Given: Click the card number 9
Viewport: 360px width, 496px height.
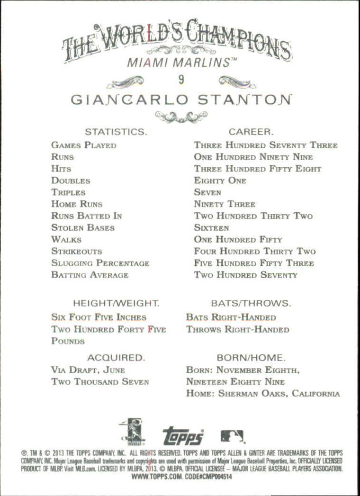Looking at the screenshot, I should coord(181,80).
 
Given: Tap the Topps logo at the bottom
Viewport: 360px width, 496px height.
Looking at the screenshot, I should coord(183,436).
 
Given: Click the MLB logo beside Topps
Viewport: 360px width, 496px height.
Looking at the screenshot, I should coord(232,436).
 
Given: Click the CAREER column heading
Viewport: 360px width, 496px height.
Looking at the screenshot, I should coord(251,131).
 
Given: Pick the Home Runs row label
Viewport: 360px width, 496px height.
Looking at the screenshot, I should coord(77,204).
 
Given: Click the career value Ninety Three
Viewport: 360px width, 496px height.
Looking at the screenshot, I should coord(225,204).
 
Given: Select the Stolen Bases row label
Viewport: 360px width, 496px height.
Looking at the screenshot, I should coord(83,228).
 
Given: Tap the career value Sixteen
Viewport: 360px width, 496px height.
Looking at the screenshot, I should coord(211,228).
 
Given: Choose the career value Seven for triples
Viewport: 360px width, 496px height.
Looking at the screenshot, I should coord(207,192).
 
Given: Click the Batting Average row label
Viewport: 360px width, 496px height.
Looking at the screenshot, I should coord(90,275).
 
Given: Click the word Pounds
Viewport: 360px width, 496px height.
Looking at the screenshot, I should coord(68,341).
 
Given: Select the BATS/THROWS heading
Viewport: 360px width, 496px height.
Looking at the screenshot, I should coord(251,303).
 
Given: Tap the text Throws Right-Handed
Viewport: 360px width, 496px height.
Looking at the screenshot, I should coord(237,329).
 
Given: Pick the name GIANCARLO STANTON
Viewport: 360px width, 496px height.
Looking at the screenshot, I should coord(181,100).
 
